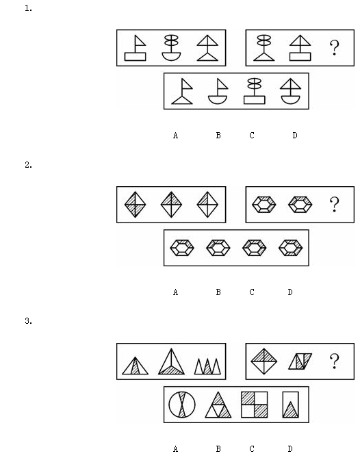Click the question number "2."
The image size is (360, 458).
pos(28,165)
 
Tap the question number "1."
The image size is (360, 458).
pos(28,8)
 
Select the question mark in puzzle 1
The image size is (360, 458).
pos(335,48)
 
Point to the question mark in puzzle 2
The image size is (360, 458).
pos(335,205)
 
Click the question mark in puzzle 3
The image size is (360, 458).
pos(335,361)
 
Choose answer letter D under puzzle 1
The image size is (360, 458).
pos(295,136)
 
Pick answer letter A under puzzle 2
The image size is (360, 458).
pos(175,292)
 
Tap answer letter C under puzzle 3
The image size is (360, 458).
pos(252,448)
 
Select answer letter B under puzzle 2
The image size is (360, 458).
pos(218,292)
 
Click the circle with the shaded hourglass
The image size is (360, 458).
pos(182,405)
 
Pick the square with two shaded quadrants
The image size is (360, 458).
pos(255,405)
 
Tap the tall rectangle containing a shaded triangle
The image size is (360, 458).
pos(290,405)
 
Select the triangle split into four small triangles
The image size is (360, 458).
pos(218,405)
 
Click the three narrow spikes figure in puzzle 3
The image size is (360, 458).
pos(207,366)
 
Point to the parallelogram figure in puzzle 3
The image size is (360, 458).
pos(300,361)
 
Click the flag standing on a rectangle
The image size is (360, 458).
pos(136,48)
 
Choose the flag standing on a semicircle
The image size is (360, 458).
pos(218,92)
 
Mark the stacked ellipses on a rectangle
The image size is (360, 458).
pos(255,91)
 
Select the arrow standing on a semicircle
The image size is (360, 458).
pos(290,91)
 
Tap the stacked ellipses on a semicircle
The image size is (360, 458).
pos(171,48)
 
